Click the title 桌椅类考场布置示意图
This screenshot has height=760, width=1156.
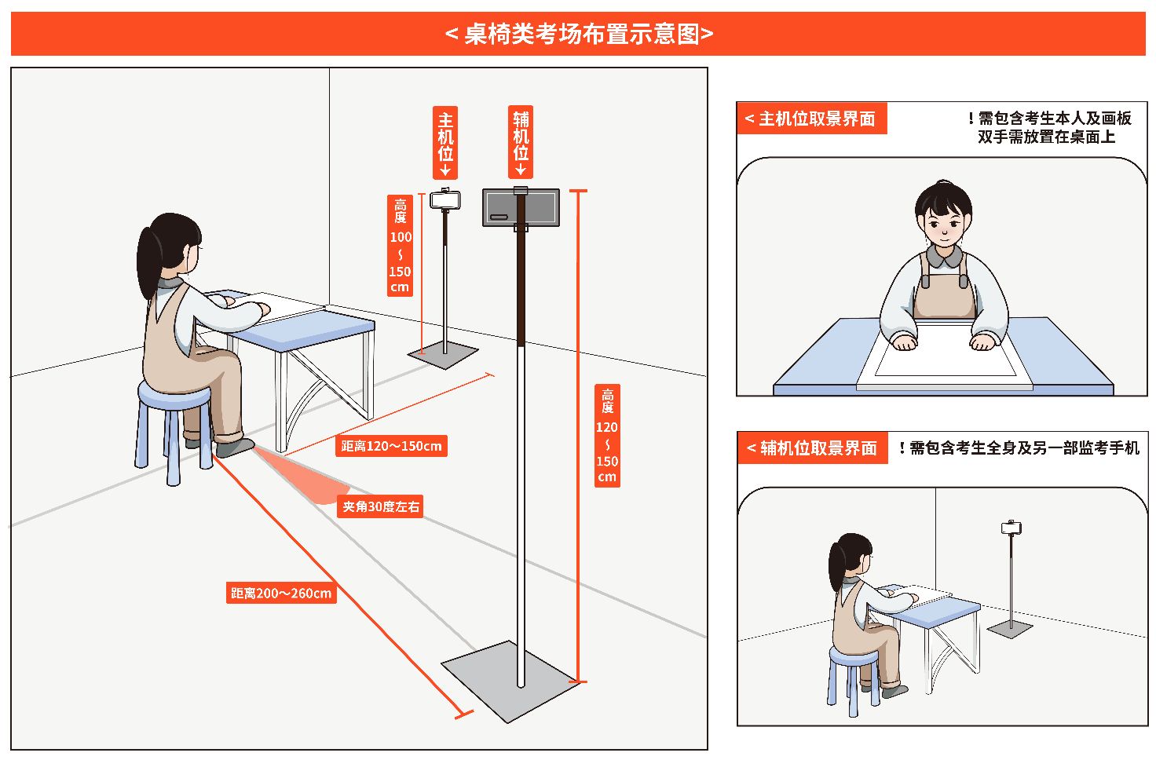[579, 34]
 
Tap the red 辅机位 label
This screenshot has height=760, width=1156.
[521, 141]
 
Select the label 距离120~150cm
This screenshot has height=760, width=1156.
[391, 446]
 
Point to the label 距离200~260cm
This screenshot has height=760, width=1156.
[281, 593]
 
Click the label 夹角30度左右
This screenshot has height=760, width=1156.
[381, 507]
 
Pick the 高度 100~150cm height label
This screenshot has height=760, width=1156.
[401, 245]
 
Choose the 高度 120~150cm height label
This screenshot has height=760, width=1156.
[607, 436]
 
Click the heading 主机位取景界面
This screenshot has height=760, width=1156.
[811, 119]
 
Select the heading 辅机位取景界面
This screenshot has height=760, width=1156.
[813, 448]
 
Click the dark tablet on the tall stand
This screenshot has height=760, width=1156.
[521, 207]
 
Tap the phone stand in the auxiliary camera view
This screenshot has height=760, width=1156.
[1011, 577]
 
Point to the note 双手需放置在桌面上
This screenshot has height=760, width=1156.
[1046, 137]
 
